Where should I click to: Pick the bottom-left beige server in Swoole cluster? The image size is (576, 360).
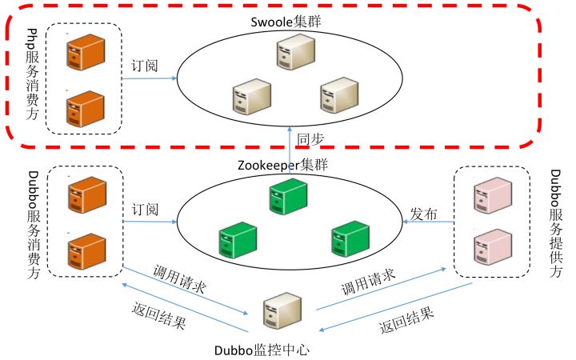tap(247, 97)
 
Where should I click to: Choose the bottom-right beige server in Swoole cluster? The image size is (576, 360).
tap(336, 95)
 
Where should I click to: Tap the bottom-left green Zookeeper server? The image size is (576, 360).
tap(237, 241)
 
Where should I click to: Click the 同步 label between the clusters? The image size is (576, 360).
tap(311, 138)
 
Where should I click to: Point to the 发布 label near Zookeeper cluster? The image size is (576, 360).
tap(425, 214)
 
